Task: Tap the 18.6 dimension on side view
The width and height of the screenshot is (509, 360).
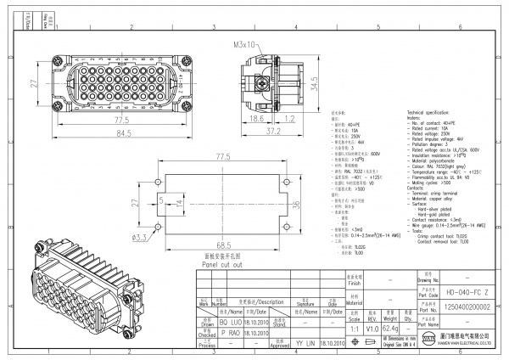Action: pyautogui.click(x=257, y=121)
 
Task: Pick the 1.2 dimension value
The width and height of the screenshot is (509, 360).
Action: pyautogui.click(x=289, y=121)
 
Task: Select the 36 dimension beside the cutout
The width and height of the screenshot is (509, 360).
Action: pyautogui.click(x=296, y=204)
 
